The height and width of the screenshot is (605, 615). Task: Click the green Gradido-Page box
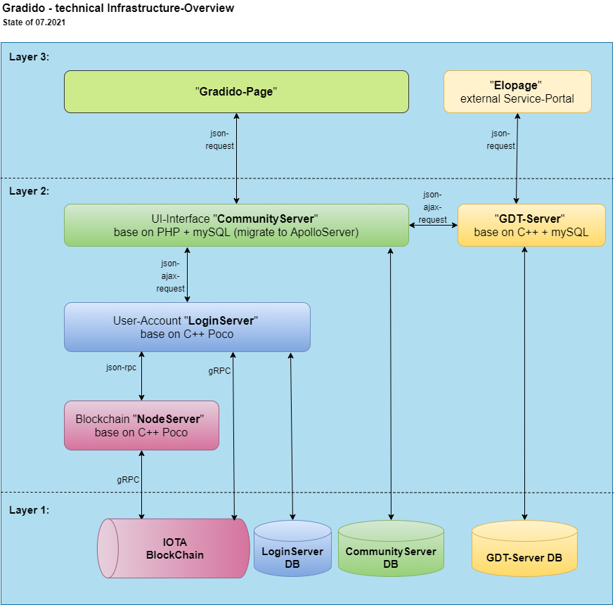(x=236, y=91)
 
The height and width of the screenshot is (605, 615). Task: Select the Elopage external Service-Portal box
(x=517, y=91)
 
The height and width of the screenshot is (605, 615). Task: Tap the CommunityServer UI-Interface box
(x=236, y=225)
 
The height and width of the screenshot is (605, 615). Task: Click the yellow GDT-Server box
(x=531, y=225)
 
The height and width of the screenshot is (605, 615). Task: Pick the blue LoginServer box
(x=187, y=327)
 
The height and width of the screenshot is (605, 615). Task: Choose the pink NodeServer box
(x=141, y=425)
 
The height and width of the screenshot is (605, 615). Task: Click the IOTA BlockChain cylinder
(x=174, y=548)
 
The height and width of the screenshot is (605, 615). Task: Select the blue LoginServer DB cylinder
(x=292, y=549)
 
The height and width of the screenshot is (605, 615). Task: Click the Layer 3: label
(x=29, y=57)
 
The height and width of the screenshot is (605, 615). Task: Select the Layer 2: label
(x=29, y=190)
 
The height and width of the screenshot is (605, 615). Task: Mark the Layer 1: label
(x=29, y=510)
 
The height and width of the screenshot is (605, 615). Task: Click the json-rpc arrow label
(x=121, y=367)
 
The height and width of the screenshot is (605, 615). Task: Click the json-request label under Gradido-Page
(x=219, y=139)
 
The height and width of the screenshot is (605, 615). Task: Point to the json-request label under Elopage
(x=500, y=139)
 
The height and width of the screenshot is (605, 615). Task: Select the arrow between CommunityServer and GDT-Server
(x=433, y=226)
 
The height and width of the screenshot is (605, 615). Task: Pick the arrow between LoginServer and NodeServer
(x=142, y=376)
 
